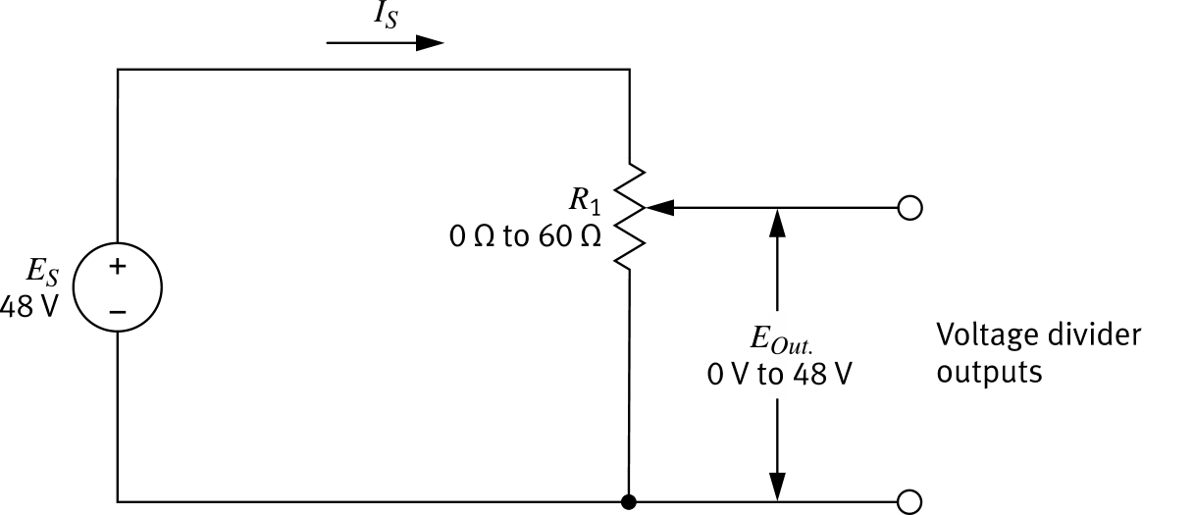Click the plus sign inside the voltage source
point(117,266)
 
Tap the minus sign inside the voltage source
point(117,310)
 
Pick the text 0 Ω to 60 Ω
point(525,238)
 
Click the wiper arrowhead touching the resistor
point(659,207)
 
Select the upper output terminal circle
point(909,208)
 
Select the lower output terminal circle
point(909,501)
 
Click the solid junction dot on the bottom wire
point(629,501)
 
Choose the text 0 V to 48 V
point(779,375)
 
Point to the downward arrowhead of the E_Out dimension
point(777,487)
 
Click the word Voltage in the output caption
point(985,336)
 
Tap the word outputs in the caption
point(989,374)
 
